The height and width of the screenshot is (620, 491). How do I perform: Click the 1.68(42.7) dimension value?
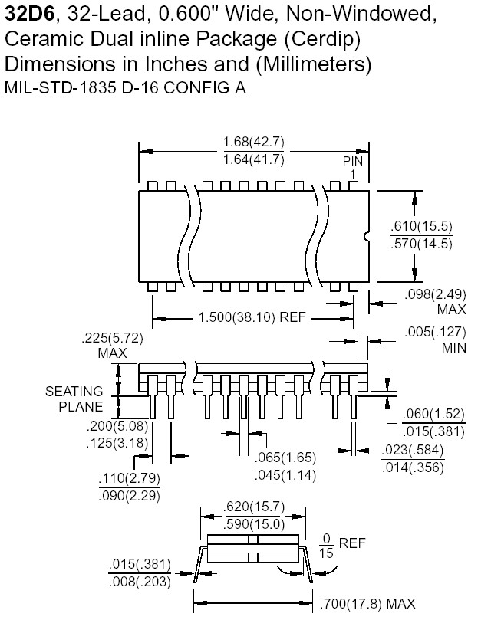pyautogui.click(x=254, y=142)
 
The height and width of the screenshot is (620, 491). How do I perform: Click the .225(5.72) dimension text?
pyautogui.click(x=112, y=339)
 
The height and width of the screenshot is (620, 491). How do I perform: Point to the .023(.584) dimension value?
pyautogui.click(x=412, y=451)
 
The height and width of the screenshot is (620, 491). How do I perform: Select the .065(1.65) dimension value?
pyautogui.click(x=285, y=458)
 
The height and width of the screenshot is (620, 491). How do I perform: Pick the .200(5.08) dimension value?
pyautogui.click(x=117, y=426)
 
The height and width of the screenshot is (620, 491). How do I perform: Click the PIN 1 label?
pyautogui.click(x=352, y=168)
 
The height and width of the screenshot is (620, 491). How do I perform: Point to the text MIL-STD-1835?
pyautogui.click(x=66, y=87)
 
